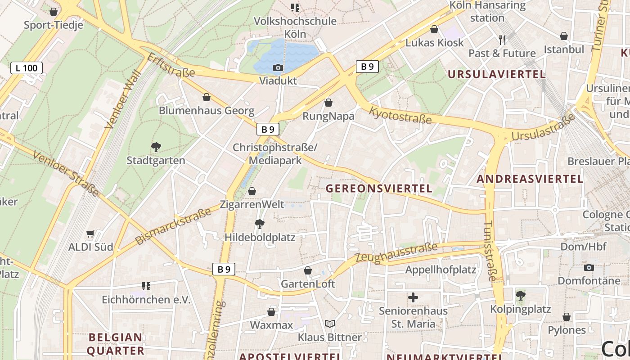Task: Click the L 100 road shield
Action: click(x=27, y=68)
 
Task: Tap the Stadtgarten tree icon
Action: click(x=156, y=147)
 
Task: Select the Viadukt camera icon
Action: click(x=278, y=68)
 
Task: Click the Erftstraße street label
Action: click(x=171, y=65)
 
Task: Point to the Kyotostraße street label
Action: click(x=400, y=115)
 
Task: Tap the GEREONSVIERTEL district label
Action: click(x=379, y=189)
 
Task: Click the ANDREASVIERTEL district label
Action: click(x=530, y=179)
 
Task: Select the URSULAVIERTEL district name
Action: click(x=496, y=75)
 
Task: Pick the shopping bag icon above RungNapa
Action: click(x=328, y=103)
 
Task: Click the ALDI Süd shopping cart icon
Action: click(x=90, y=234)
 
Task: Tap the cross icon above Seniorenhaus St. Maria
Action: click(x=413, y=297)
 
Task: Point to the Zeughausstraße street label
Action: click(x=396, y=252)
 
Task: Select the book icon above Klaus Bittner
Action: click(x=330, y=324)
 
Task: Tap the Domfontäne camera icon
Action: click(x=589, y=268)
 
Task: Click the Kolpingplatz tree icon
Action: click(x=521, y=296)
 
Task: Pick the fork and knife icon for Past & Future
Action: click(x=502, y=40)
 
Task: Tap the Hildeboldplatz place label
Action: click(x=260, y=237)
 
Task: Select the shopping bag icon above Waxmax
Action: click(x=271, y=312)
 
